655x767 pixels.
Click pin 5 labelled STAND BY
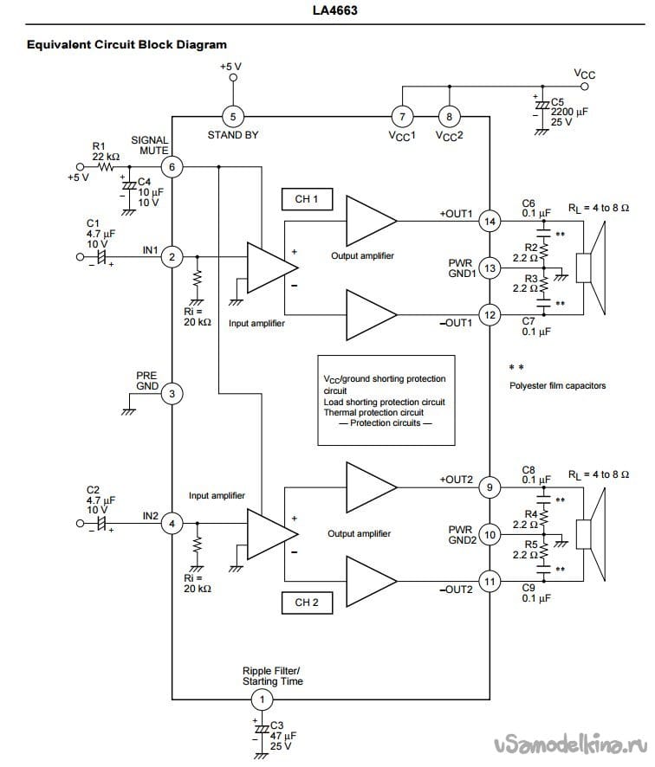coord(233,116)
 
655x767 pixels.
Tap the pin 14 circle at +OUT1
coord(490,221)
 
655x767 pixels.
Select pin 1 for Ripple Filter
coord(262,699)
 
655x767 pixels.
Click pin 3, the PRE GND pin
coord(172,393)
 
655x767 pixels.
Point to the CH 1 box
coord(307,199)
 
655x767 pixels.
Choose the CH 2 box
coord(307,603)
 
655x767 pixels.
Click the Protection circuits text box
coord(386,400)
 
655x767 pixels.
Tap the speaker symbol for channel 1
coord(591,268)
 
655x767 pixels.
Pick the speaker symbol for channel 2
coord(591,534)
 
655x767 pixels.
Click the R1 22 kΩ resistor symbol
coord(107,167)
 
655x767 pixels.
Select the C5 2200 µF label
coord(569,112)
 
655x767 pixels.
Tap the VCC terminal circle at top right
coord(584,87)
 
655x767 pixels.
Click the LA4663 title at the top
coord(334,10)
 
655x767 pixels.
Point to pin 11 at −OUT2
coord(490,581)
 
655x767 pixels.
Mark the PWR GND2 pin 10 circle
coord(490,534)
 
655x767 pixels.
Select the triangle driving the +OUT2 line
coord(371,487)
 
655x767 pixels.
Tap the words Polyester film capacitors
coord(557,385)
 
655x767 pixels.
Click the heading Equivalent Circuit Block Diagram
coord(126,44)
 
